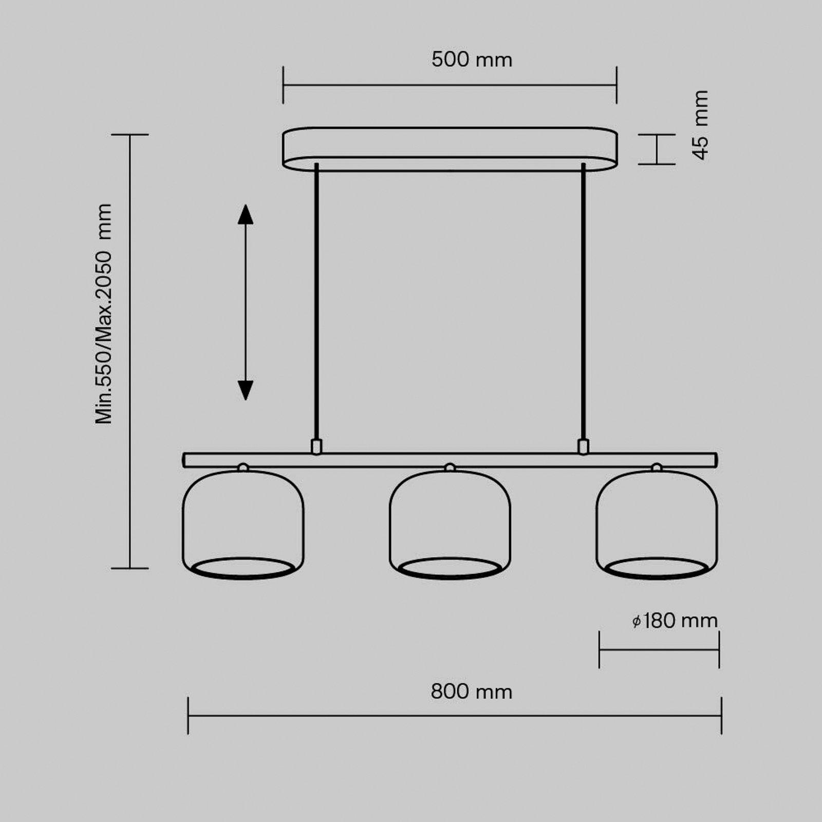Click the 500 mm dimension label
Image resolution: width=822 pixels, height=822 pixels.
coord(472,60)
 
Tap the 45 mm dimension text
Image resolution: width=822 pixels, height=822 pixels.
coord(701,125)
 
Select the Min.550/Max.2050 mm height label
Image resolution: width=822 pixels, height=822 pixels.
coord(103,313)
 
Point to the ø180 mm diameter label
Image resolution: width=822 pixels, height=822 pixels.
coord(675,621)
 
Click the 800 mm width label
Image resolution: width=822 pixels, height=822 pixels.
coord(472,692)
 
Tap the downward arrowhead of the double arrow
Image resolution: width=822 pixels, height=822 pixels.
coord(246,390)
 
